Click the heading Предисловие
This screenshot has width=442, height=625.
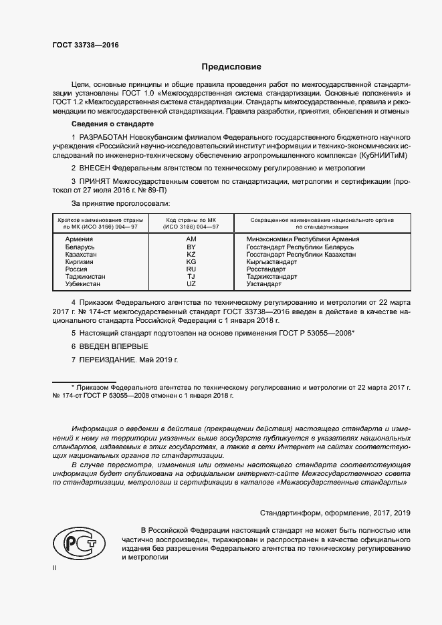[232, 67]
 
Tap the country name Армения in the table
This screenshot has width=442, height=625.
[80, 239]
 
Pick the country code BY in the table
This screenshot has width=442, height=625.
[191, 247]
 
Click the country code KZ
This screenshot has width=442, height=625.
[191, 255]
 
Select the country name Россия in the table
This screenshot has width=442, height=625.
[77, 269]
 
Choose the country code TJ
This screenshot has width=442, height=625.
[191, 277]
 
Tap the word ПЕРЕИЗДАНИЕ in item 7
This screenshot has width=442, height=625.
[108, 360]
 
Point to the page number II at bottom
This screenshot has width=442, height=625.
[55, 567]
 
